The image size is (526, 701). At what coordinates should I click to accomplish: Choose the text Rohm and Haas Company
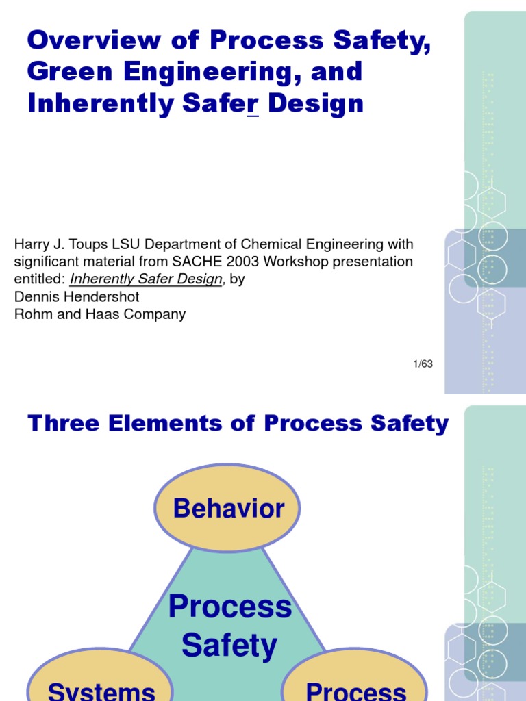click(100, 315)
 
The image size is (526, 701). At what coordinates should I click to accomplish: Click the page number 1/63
click(423, 364)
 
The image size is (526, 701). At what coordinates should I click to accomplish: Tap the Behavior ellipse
click(228, 509)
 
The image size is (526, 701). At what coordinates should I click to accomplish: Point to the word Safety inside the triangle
click(229, 646)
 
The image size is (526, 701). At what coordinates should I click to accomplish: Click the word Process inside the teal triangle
click(229, 607)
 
